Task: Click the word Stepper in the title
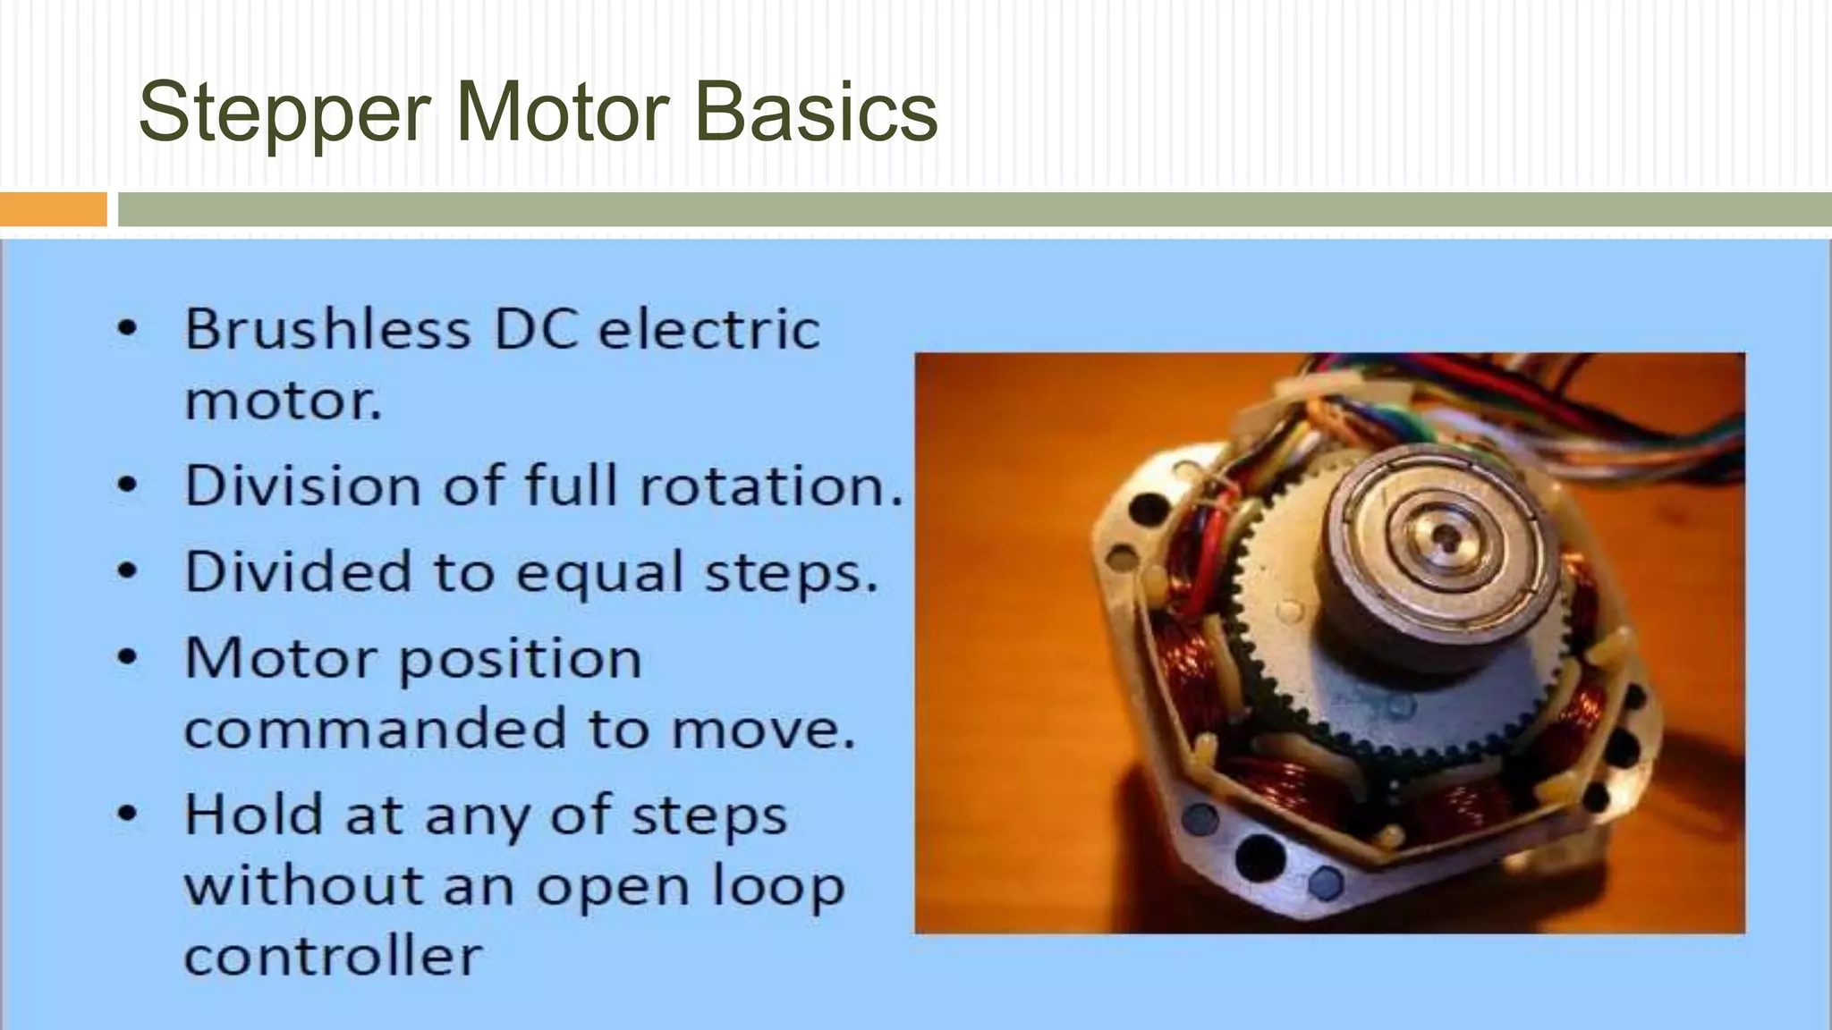point(284,113)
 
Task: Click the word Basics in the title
point(816,113)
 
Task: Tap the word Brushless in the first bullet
point(327,329)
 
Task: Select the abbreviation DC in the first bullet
point(536,329)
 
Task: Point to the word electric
point(708,329)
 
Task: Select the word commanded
point(376,729)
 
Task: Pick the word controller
point(333,957)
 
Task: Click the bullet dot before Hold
point(128,815)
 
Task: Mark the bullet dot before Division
point(128,485)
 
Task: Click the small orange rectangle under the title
point(53,210)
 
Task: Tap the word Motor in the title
point(562,113)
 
